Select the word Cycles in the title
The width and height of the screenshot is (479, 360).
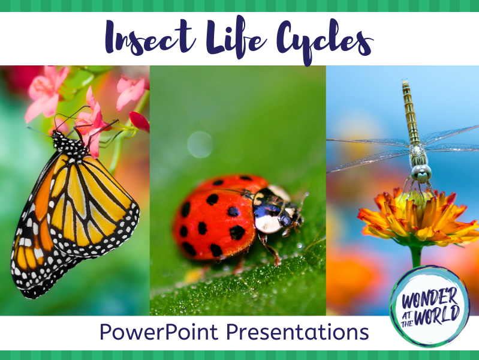pos(325,40)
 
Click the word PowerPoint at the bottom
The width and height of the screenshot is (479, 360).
pos(159,332)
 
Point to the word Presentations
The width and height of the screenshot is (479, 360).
pos(297,332)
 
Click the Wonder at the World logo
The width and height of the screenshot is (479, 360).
pos(430,306)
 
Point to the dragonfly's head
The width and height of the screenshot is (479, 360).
pos(421,173)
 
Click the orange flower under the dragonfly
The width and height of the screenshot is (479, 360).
pos(418,218)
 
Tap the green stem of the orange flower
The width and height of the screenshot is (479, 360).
pos(416,256)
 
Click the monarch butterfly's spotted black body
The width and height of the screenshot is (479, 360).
pos(70,145)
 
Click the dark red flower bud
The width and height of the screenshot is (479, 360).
pos(139,121)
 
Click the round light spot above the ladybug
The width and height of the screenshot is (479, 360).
pos(200,145)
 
